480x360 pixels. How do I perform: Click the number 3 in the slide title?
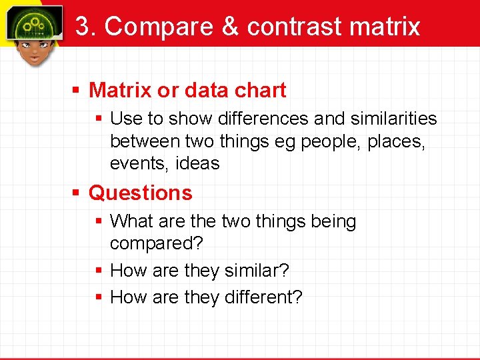click(x=82, y=27)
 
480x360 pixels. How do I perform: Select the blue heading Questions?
click(x=140, y=193)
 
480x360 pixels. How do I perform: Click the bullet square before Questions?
click(x=77, y=193)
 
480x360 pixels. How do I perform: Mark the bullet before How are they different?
click(x=98, y=297)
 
